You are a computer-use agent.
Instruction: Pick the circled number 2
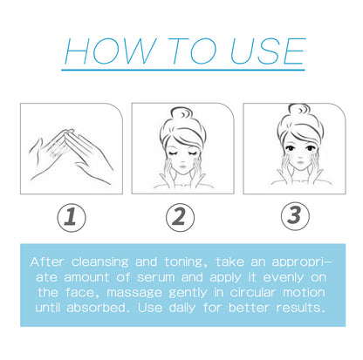181,215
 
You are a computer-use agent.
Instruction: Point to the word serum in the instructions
174,277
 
